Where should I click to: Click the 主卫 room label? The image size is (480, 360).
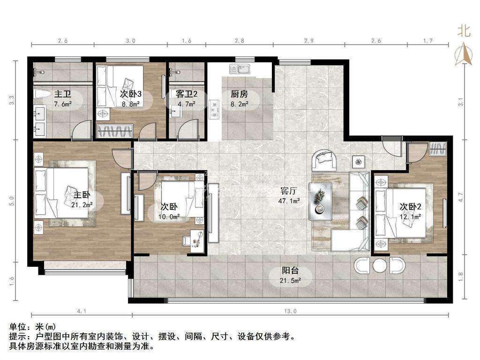click(62, 94)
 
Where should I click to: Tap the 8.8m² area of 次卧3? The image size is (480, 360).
click(131, 104)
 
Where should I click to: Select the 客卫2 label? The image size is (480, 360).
click(187, 94)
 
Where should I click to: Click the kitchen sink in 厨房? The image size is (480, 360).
click(240, 69)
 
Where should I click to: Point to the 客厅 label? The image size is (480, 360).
click(289, 191)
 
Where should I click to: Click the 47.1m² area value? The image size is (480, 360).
click(289, 201)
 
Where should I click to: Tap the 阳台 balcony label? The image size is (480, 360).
click(290, 270)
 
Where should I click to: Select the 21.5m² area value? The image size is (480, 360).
click(290, 280)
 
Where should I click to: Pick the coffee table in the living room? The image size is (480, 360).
click(321, 201)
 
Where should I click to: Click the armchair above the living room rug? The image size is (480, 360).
click(324, 160)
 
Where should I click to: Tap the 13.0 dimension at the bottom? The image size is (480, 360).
click(290, 311)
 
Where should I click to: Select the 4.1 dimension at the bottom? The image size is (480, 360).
click(82, 311)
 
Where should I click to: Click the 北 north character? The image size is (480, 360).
click(464, 31)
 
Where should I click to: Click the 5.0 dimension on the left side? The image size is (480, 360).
click(12, 201)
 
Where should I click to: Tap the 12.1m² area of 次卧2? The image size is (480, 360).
click(410, 217)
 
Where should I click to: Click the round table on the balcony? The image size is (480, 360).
click(380, 266)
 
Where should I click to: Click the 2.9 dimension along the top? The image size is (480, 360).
click(308, 41)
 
